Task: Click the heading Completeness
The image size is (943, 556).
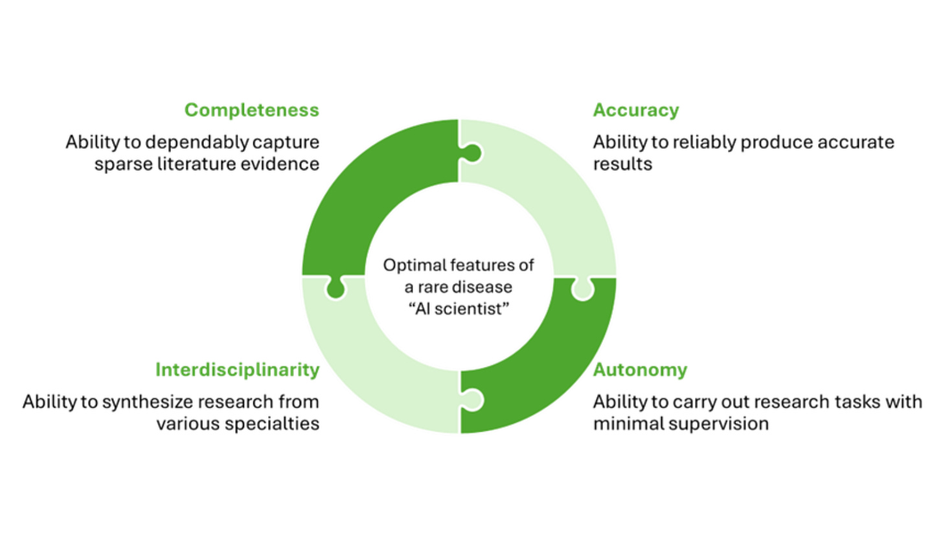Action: (251, 110)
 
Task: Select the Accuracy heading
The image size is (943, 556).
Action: (635, 110)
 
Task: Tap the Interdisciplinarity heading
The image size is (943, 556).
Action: (237, 370)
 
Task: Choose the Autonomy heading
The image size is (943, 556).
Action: (640, 370)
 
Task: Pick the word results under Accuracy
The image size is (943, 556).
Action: (622, 164)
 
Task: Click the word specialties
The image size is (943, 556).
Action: (280, 424)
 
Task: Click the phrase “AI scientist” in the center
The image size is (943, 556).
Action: (459, 309)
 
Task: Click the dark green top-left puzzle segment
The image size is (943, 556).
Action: (363, 188)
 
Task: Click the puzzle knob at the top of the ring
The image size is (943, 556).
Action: (471, 153)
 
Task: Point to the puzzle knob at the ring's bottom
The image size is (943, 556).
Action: (472, 399)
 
